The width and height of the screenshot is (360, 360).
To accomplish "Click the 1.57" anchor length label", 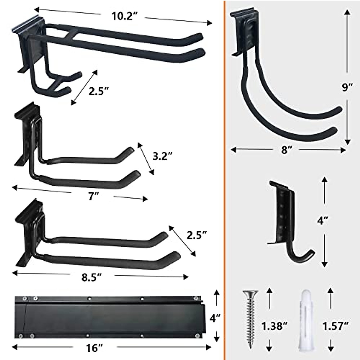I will coord(335,326).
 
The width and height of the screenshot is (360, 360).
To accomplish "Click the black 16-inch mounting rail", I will coord(109,317).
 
